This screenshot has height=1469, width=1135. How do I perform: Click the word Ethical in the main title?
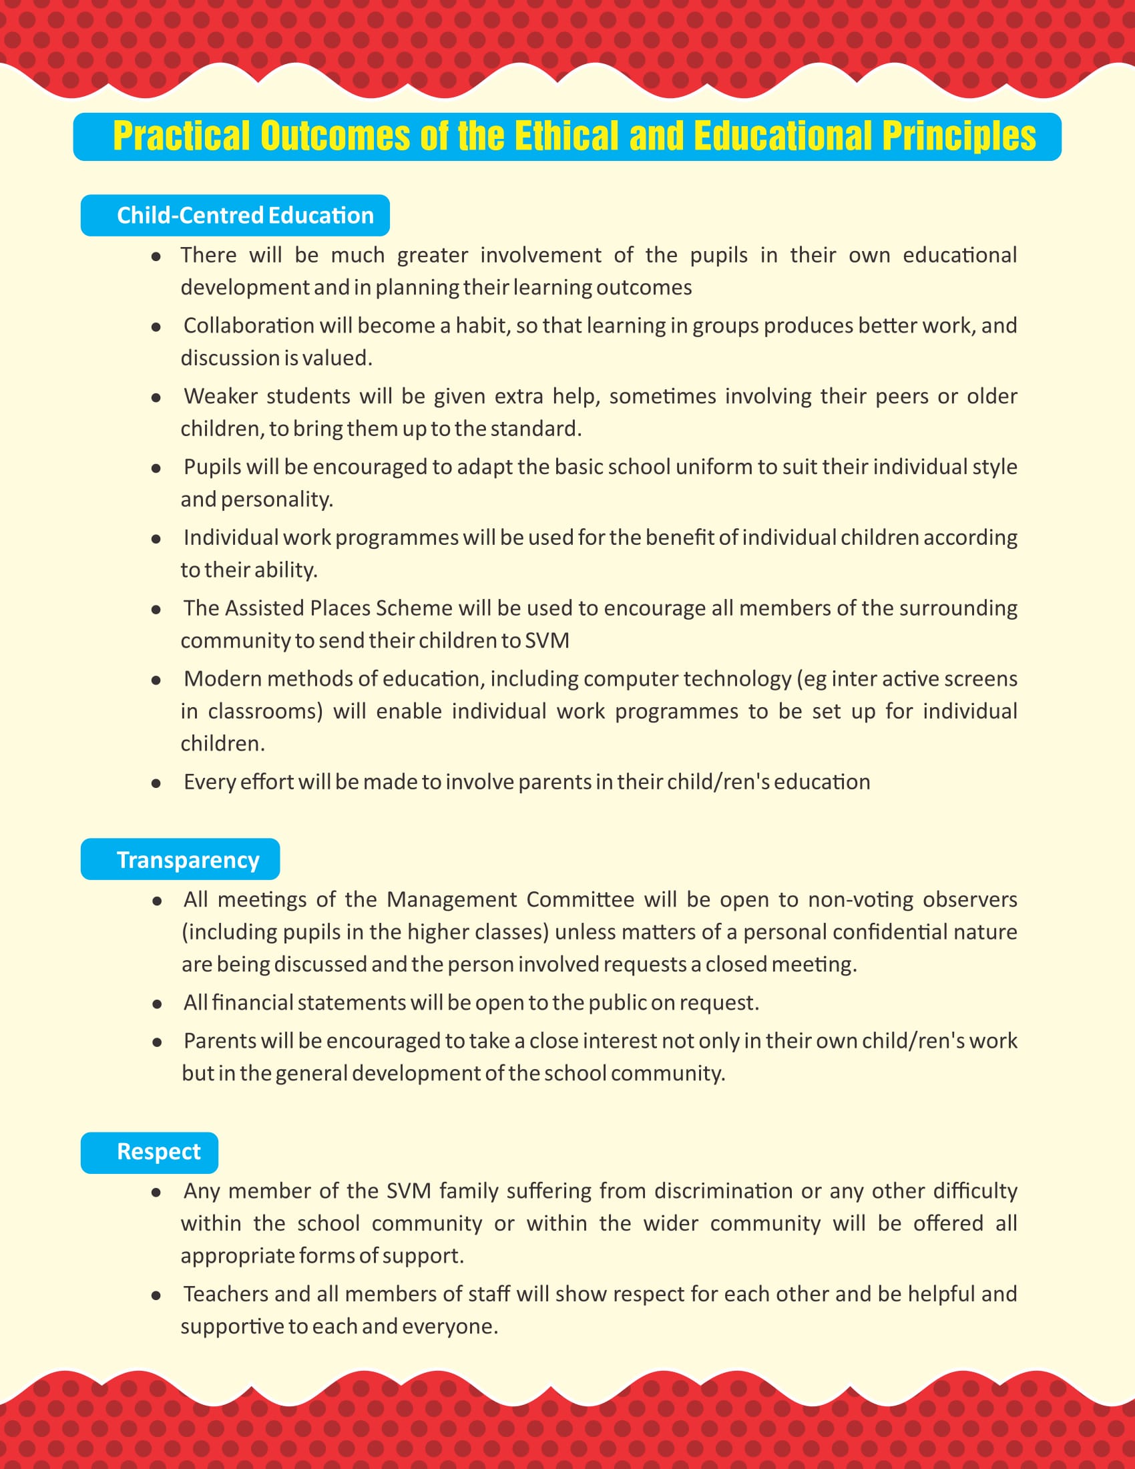click(x=566, y=136)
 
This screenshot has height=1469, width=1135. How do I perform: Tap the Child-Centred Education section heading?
click(x=245, y=215)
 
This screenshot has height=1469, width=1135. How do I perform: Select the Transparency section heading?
click(x=188, y=859)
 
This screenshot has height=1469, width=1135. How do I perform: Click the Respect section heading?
click(x=159, y=1151)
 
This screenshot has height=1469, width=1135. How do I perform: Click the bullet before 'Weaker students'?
click(x=156, y=397)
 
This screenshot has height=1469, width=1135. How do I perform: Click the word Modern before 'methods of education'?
click(x=222, y=678)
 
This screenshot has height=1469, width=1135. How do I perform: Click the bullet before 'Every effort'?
click(x=156, y=784)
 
